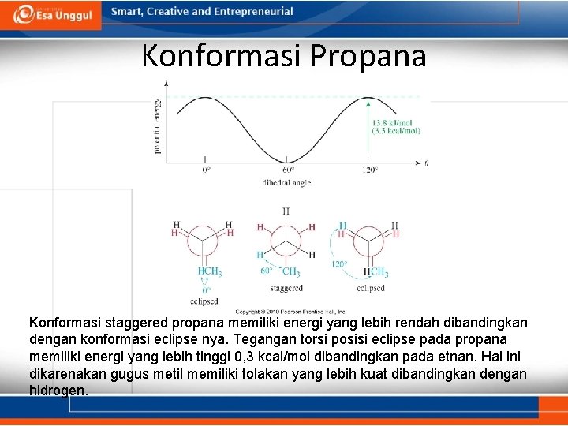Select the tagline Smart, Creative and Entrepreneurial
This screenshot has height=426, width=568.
[202, 12]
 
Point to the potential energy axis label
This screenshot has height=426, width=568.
[158, 126]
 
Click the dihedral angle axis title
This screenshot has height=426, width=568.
[286, 183]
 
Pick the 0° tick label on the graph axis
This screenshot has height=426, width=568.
[206, 170]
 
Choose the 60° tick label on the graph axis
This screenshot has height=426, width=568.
[287, 170]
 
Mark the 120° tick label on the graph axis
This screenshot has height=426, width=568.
[370, 170]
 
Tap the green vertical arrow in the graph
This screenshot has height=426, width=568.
[368, 130]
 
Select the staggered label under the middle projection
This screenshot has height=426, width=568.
[286, 289]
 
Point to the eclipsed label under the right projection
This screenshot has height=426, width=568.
[370, 289]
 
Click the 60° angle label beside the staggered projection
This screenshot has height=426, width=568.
[266, 271]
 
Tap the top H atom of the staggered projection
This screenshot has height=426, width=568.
[286, 211]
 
